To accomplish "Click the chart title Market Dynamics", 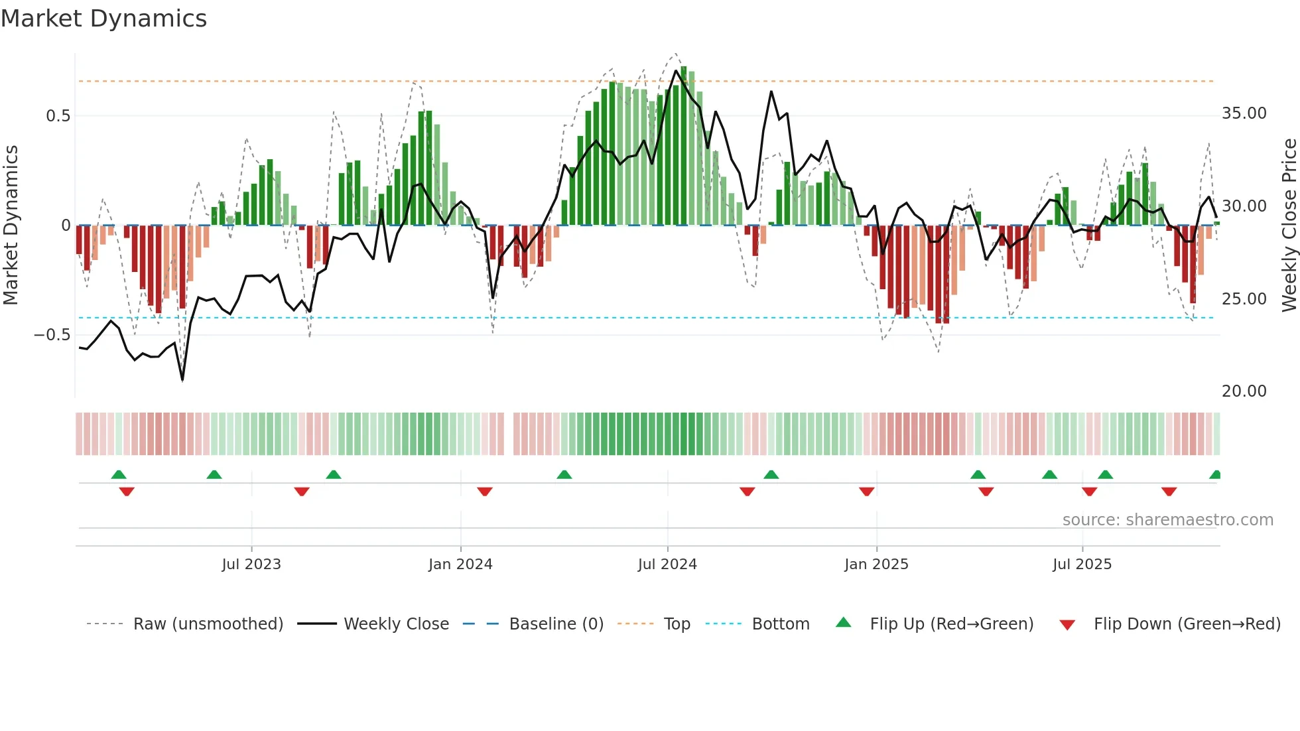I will pos(103,19).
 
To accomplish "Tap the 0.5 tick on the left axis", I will pos(58,116).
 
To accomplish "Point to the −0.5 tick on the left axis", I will pos(52,335).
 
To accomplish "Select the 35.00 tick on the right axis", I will pos(1244,113).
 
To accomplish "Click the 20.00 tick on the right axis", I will pos(1244,391).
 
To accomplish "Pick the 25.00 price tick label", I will pos(1244,299).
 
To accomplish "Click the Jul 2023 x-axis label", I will pos(251,565).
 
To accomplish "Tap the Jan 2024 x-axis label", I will pos(460,565).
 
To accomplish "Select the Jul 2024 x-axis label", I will pos(667,565).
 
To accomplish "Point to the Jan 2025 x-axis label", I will pos(876,565).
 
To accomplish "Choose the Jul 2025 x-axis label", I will pos(1082,565).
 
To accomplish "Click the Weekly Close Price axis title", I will pos(1289,225).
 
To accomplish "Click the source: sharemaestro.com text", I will pos(1167,520).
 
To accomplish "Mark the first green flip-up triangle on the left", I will pos(119,475).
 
